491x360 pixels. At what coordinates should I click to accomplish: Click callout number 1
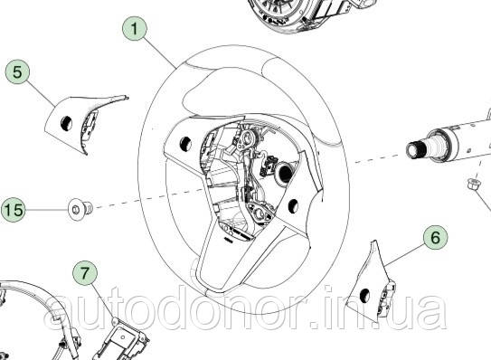135,29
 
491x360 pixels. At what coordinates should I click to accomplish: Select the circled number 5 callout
16,70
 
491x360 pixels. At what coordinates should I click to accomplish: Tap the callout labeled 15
13,210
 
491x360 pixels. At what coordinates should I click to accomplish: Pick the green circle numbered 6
434,238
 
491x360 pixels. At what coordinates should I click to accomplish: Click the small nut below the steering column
472,186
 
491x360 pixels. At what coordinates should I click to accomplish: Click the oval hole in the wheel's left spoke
183,141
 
